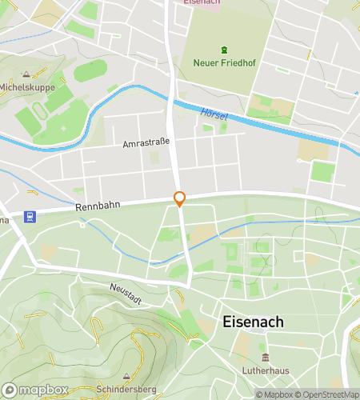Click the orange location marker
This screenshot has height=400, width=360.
pos(180,199)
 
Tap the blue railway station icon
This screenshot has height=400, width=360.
pos(30,216)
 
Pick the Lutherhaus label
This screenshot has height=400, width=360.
pos(264,370)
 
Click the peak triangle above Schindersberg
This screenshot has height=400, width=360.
pos(126,375)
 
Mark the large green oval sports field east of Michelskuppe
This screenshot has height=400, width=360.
pos(90,71)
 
